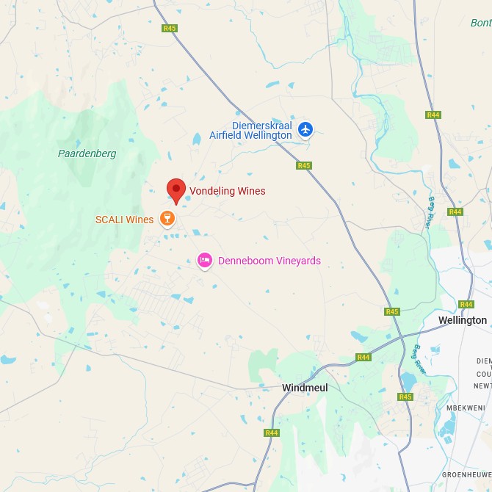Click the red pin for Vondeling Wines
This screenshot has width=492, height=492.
[176, 190]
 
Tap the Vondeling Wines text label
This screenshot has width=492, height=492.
[227, 191]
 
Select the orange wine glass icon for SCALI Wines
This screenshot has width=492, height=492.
[167, 219]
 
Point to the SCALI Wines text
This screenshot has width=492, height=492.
[124, 220]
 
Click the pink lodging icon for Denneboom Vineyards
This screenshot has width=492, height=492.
[205, 260]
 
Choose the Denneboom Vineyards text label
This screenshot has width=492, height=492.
[269, 261]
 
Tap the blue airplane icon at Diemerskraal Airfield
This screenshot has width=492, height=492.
[305, 130]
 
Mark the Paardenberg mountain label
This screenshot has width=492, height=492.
[87, 153]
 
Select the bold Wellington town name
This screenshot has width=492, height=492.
[462, 320]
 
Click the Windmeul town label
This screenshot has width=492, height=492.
[305, 387]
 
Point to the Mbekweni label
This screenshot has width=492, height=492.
[463, 408]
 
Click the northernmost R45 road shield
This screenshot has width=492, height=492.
[170, 28]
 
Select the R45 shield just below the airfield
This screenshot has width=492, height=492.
[304, 166]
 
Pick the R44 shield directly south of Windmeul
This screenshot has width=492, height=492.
[272, 433]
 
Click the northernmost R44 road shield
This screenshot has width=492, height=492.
[433, 115]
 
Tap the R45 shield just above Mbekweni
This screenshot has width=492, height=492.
[405, 397]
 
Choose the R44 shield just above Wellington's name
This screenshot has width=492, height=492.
[466, 304]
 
